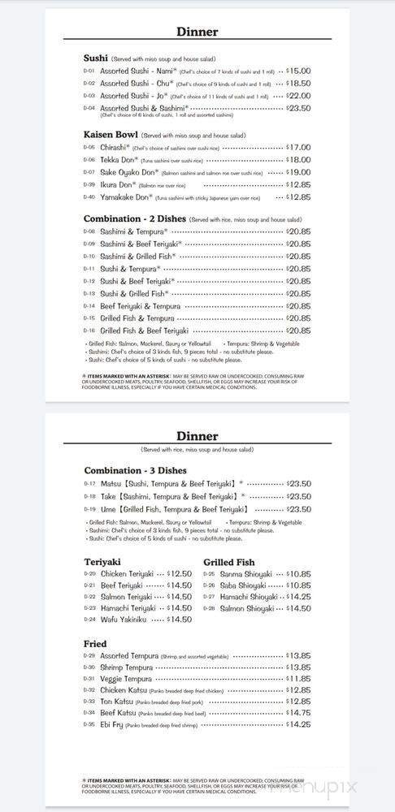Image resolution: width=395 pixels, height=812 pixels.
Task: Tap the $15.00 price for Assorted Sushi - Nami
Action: pos(298,71)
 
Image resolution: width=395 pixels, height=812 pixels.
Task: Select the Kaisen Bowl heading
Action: pos(111,135)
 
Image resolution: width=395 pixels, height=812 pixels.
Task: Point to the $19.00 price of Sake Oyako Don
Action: pos(298,172)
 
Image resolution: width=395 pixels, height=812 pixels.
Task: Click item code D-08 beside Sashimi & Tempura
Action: pos(89,231)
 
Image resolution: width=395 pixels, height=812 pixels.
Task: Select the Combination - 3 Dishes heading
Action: pos(135,471)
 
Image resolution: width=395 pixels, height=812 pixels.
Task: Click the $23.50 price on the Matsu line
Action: pos(298,484)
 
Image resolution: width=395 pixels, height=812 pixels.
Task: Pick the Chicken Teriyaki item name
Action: pos(127,573)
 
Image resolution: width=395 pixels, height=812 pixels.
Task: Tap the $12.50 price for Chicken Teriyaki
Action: pos(179,573)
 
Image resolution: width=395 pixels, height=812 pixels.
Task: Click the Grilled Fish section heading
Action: pos(228,562)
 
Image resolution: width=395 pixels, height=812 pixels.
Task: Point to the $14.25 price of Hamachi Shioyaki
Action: pos(298,596)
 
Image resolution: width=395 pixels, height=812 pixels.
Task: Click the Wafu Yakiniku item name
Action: pos(124,620)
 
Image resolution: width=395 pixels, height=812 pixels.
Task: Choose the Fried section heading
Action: pos(95,644)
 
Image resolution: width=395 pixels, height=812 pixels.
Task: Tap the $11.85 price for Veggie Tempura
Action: pos(298,679)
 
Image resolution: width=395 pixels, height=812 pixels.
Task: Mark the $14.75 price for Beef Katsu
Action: pos(298,713)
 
